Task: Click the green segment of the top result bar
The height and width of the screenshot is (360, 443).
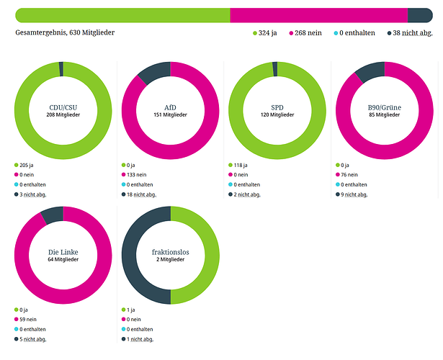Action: (x=122, y=15)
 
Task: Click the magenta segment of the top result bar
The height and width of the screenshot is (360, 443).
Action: (x=318, y=15)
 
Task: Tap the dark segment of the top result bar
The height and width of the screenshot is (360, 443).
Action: (x=419, y=15)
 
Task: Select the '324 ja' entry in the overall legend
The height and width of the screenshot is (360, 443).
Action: (x=265, y=33)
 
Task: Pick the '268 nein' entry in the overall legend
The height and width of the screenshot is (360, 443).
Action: (x=305, y=33)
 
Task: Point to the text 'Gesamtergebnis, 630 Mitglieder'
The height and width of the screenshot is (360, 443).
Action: (x=65, y=32)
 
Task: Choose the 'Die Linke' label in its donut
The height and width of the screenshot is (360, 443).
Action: (x=63, y=252)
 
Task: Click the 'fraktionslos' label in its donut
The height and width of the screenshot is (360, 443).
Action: (x=171, y=252)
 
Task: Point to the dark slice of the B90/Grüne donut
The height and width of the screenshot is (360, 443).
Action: (x=369, y=71)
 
